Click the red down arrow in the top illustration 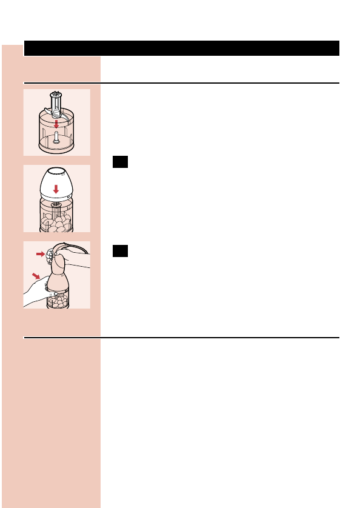56,124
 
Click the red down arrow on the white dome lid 56,189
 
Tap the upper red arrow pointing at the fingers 41,255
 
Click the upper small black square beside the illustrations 120,162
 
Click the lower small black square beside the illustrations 120,251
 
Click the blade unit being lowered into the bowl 56,108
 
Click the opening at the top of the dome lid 56,171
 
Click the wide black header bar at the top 181,48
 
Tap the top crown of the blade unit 56,95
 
